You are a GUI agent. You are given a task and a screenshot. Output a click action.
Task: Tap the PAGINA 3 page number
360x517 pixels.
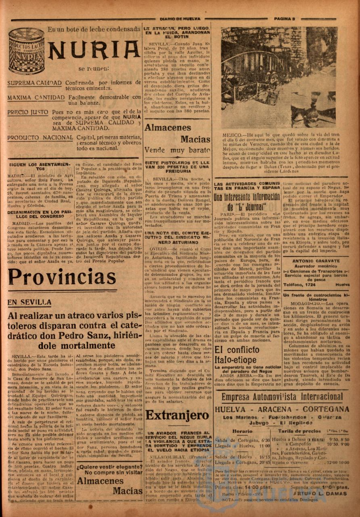(285, 19)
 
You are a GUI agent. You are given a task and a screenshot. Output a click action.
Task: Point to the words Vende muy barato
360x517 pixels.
(178, 150)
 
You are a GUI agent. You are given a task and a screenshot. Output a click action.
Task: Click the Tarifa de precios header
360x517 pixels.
(299, 431)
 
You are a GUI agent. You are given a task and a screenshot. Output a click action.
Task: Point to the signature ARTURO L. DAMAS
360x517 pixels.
(321, 493)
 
